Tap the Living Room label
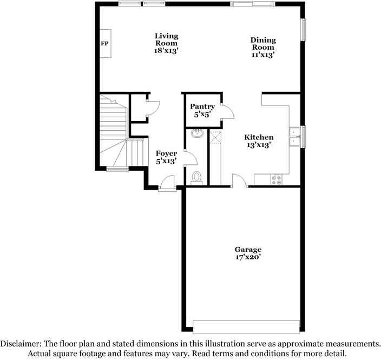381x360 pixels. (166, 43)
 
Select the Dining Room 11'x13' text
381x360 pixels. (263, 47)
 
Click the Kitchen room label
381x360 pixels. (259, 141)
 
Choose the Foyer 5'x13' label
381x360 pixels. (166, 157)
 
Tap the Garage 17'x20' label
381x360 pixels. (248, 253)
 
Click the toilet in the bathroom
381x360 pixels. (197, 177)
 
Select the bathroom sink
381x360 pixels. (197, 133)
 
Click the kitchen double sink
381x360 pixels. (295, 136)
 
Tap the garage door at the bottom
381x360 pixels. (246, 326)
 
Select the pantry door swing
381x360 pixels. (228, 112)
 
